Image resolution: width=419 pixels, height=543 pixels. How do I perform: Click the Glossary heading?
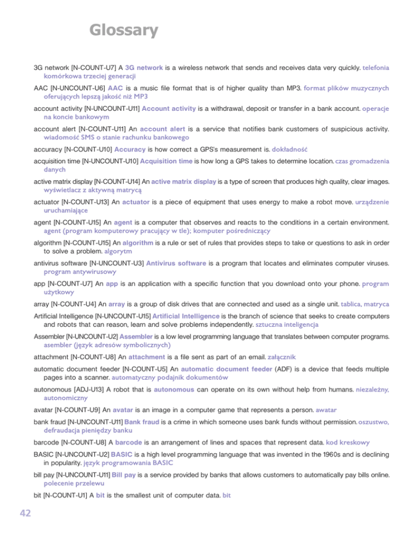[x=124, y=29]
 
